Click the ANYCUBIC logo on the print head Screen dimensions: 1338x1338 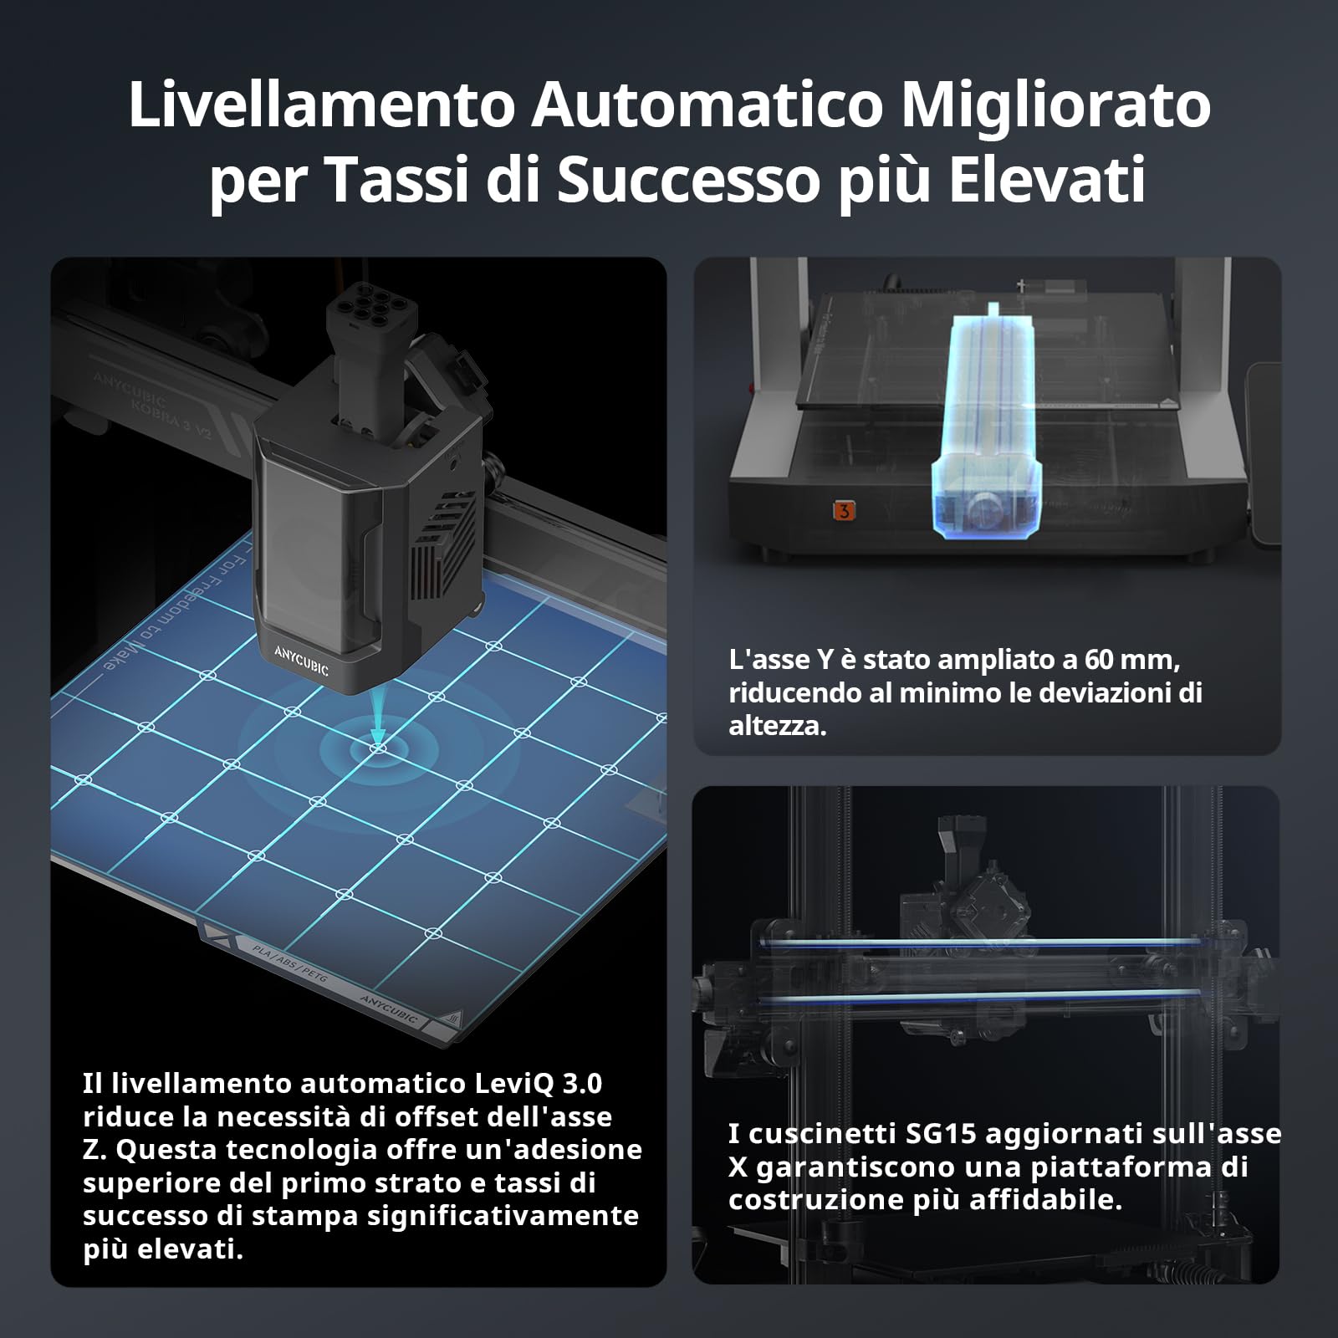coord(301,660)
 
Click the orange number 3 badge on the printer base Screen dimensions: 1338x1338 coord(844,510)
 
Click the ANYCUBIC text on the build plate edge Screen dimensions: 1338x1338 coord(388,1009)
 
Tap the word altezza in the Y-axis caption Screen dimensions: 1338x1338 coord(776,726)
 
